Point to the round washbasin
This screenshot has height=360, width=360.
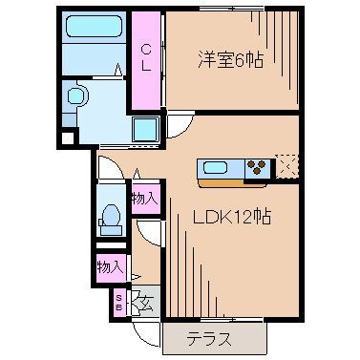tap(75, 95)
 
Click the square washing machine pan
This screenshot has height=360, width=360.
tap(146, 129)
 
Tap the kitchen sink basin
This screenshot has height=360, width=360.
tap(216, 169)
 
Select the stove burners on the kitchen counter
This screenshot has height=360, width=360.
tap(256, 169)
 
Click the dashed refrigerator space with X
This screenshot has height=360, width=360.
tap(285, 167)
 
